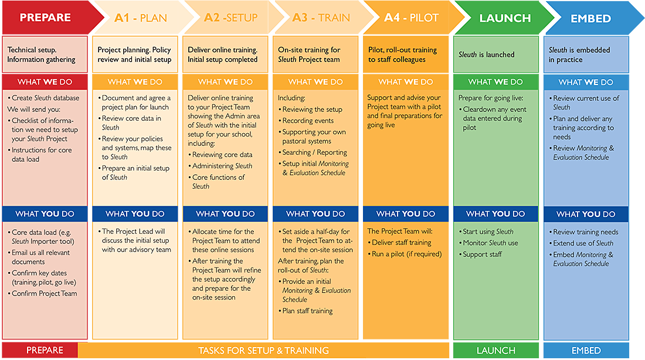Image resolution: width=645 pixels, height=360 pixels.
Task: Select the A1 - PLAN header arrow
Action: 141,18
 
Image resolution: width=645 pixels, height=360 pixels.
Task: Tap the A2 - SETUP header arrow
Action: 231,18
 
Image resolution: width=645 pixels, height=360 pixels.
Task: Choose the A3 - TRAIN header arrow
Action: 321,18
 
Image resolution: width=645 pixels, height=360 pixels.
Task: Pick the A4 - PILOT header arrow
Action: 412,18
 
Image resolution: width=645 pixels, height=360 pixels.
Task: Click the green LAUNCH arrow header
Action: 503,18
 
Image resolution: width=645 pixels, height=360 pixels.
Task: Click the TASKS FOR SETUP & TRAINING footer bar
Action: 264,351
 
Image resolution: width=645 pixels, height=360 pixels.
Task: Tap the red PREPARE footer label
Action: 40,350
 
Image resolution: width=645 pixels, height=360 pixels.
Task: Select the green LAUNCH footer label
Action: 495,351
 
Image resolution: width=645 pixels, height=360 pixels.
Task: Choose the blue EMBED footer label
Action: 586,351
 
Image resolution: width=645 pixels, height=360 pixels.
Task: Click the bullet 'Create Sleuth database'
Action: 43,98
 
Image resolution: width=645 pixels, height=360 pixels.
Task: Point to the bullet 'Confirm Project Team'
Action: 42,293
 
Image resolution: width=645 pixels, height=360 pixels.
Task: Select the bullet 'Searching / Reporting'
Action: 313,152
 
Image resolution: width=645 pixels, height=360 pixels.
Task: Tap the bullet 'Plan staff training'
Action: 305,311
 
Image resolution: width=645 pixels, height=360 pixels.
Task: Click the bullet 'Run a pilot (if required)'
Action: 405,254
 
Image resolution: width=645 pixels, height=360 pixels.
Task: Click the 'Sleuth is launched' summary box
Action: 495,55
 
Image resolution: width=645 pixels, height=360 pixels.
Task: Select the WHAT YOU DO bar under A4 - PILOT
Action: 406,214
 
